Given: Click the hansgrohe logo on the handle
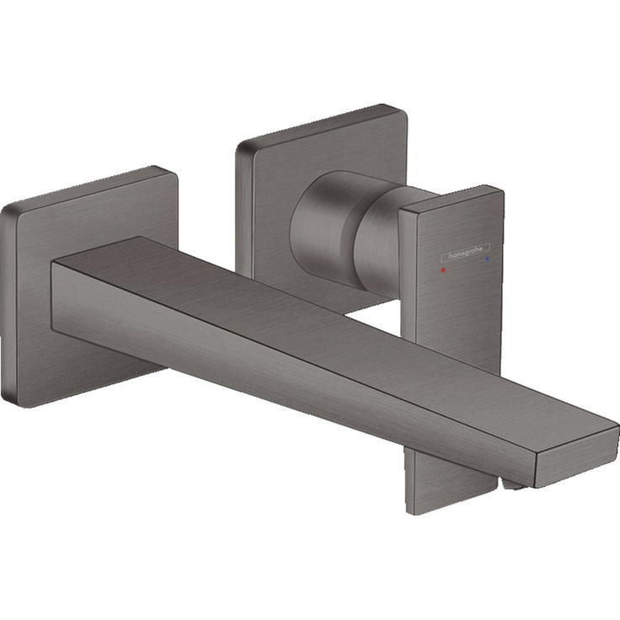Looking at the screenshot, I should coord(464,250).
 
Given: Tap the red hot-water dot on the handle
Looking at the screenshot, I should coord(441,272).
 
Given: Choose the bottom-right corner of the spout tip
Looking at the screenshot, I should coord(536,485).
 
